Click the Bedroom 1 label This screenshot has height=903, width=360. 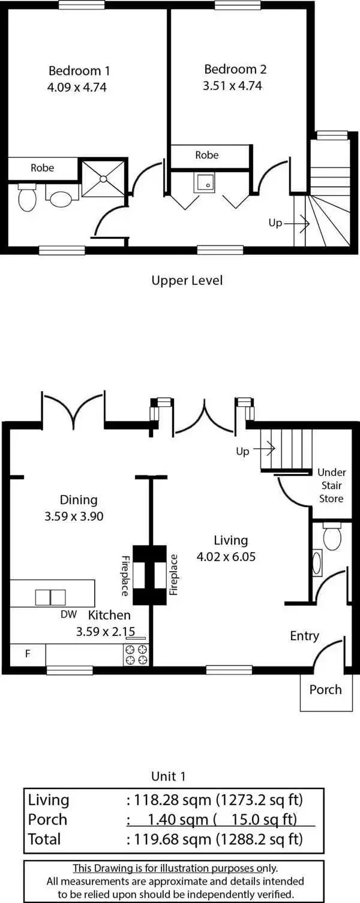pyautogui.click(x=79, y=71)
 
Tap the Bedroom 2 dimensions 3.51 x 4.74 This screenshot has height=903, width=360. pyautogui.click(x=232, y=86)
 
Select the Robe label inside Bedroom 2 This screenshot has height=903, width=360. pyautogui.click(x=207, y=155)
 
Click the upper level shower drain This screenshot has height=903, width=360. pyautogui.click(x=103, y=178)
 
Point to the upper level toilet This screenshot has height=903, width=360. pyautogui.click(x=27, y=197)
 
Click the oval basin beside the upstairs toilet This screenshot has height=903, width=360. pyautogui.click(x=61, y=198)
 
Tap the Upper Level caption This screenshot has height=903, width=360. pyautogui.click(x=187, y=280)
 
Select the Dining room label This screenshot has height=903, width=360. pyautogui.click(x=78, y=500)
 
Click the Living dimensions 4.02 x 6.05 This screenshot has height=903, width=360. pyautogui.click(x=226, y=556)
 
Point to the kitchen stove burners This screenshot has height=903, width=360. pyautogui.click(x=137, y=655)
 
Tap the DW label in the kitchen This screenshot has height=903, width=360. pyautogui.click(x=68, y=614)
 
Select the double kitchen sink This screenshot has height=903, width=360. pyautogui.click(x=50, y=598)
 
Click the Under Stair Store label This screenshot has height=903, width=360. pyautogui.click(x=331, y=485)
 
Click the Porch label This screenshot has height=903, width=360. pyautogui.click(x=325, y=689)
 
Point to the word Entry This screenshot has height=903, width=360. pyautogui.click(x=304, y=636)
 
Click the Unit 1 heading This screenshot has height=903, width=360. pyautogui.click(x=168, y=776)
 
